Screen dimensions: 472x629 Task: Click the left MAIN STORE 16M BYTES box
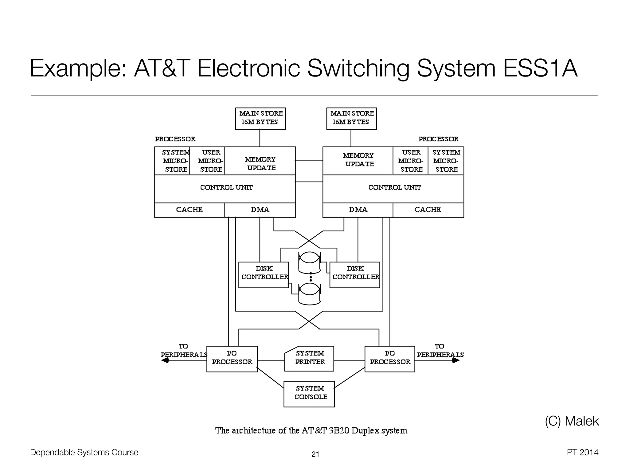260,119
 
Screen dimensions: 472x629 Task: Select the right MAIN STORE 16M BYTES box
351,119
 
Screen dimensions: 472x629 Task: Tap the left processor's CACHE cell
189,210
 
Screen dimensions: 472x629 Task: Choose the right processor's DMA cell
358,210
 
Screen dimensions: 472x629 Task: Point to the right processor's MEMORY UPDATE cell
358,160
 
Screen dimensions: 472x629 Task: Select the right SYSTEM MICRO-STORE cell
446,161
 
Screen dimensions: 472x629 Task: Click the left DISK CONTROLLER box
264,275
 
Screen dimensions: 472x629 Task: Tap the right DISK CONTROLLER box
355,275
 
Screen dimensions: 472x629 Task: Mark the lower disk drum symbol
310,294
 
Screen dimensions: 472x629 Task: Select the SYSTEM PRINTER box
309,358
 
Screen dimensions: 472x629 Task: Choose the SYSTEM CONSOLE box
309,394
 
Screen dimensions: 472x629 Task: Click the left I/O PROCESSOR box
232,359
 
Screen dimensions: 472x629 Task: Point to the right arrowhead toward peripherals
456,360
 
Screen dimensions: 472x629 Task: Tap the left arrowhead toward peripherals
165,360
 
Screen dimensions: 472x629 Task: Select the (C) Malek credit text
572,421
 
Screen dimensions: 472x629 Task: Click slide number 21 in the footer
315,454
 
